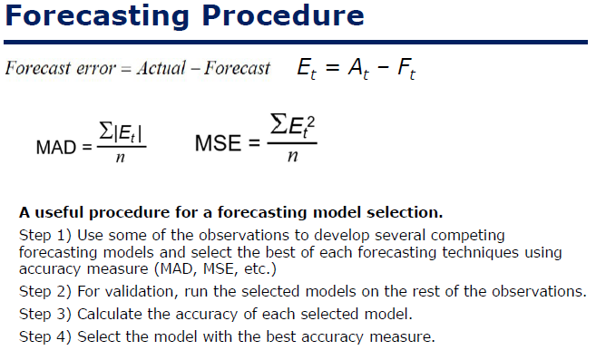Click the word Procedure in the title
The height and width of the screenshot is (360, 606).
coord(277,16)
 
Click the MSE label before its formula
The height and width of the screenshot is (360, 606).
coord(217,143)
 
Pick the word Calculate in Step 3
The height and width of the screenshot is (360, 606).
coord(110,315)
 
